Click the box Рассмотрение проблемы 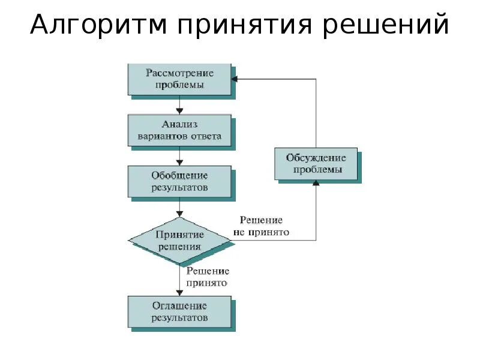click(179, 79)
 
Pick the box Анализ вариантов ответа click(179, 130)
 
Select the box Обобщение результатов click(179, 181)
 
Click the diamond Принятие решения click(179, 241)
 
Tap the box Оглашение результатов click(179, 311)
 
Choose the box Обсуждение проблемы click(316, 164)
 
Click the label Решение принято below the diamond click(206, 277)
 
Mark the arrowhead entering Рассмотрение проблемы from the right click(235, 79)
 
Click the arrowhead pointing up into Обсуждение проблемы click(316, 184)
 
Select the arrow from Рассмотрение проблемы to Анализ click(179, 105)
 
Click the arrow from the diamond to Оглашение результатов click(179, 279)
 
